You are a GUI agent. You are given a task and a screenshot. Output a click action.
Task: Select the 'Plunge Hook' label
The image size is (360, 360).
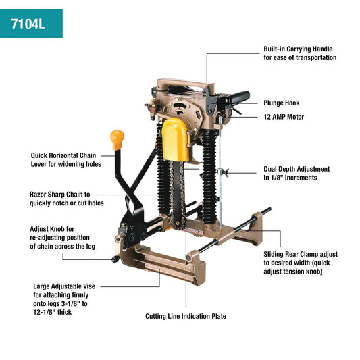tap(282, 103)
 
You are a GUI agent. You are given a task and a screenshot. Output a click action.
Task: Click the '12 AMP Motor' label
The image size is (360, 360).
tap(284, 117)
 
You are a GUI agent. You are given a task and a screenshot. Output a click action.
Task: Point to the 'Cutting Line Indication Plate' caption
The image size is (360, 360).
tap(186, 316)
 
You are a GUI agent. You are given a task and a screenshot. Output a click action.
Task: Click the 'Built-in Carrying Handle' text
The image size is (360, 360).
tap(297, 49)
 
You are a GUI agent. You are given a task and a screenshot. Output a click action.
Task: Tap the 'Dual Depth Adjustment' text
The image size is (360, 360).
tap(297, 169)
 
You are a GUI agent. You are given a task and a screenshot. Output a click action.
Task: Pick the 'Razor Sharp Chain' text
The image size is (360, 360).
tap(59, 194)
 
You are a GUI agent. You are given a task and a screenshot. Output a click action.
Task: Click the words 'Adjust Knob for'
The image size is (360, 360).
tap(52, 228)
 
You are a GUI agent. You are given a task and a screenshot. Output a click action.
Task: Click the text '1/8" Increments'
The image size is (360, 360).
tap(290, 178)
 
